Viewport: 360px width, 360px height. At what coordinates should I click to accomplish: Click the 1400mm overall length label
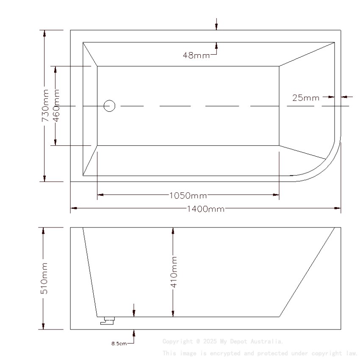coord(205,209)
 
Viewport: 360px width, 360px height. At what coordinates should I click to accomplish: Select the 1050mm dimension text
coord(188,195)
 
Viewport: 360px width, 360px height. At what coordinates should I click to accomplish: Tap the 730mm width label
coord(45,106)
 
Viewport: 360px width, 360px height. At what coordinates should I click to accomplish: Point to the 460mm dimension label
coord(56,106)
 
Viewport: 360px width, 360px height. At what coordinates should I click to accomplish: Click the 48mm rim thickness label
coord(196,55)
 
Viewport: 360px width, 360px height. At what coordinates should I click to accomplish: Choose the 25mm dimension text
coord(306,98)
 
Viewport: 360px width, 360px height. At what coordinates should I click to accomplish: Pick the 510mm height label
coord(44,278)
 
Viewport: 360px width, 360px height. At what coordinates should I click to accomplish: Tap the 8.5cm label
coord(119,343)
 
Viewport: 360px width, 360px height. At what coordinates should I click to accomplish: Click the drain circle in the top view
coord(110,106)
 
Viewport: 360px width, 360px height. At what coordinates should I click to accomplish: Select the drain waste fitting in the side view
coord(108,321)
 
